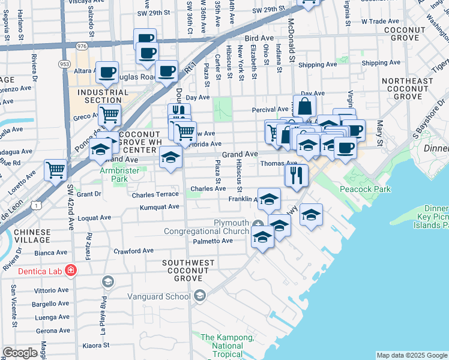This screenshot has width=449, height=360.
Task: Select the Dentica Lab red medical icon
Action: (71, 270)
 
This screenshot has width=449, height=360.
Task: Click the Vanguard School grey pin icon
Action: (200, 295)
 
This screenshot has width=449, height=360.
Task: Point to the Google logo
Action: (20, 353)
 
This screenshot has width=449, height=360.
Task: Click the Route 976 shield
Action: (82, 46)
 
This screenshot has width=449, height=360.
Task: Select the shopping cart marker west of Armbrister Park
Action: (55, 170)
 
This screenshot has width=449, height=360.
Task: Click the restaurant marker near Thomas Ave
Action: (297, 175)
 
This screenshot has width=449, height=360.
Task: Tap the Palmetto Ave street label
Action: (212, 241)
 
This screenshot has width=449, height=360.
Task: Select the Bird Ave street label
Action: (259, 37)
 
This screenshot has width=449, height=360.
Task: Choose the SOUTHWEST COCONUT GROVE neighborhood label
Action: (188, 268)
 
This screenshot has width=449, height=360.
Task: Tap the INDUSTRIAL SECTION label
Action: (103, 96)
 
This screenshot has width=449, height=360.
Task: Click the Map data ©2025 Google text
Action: (411, 355)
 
